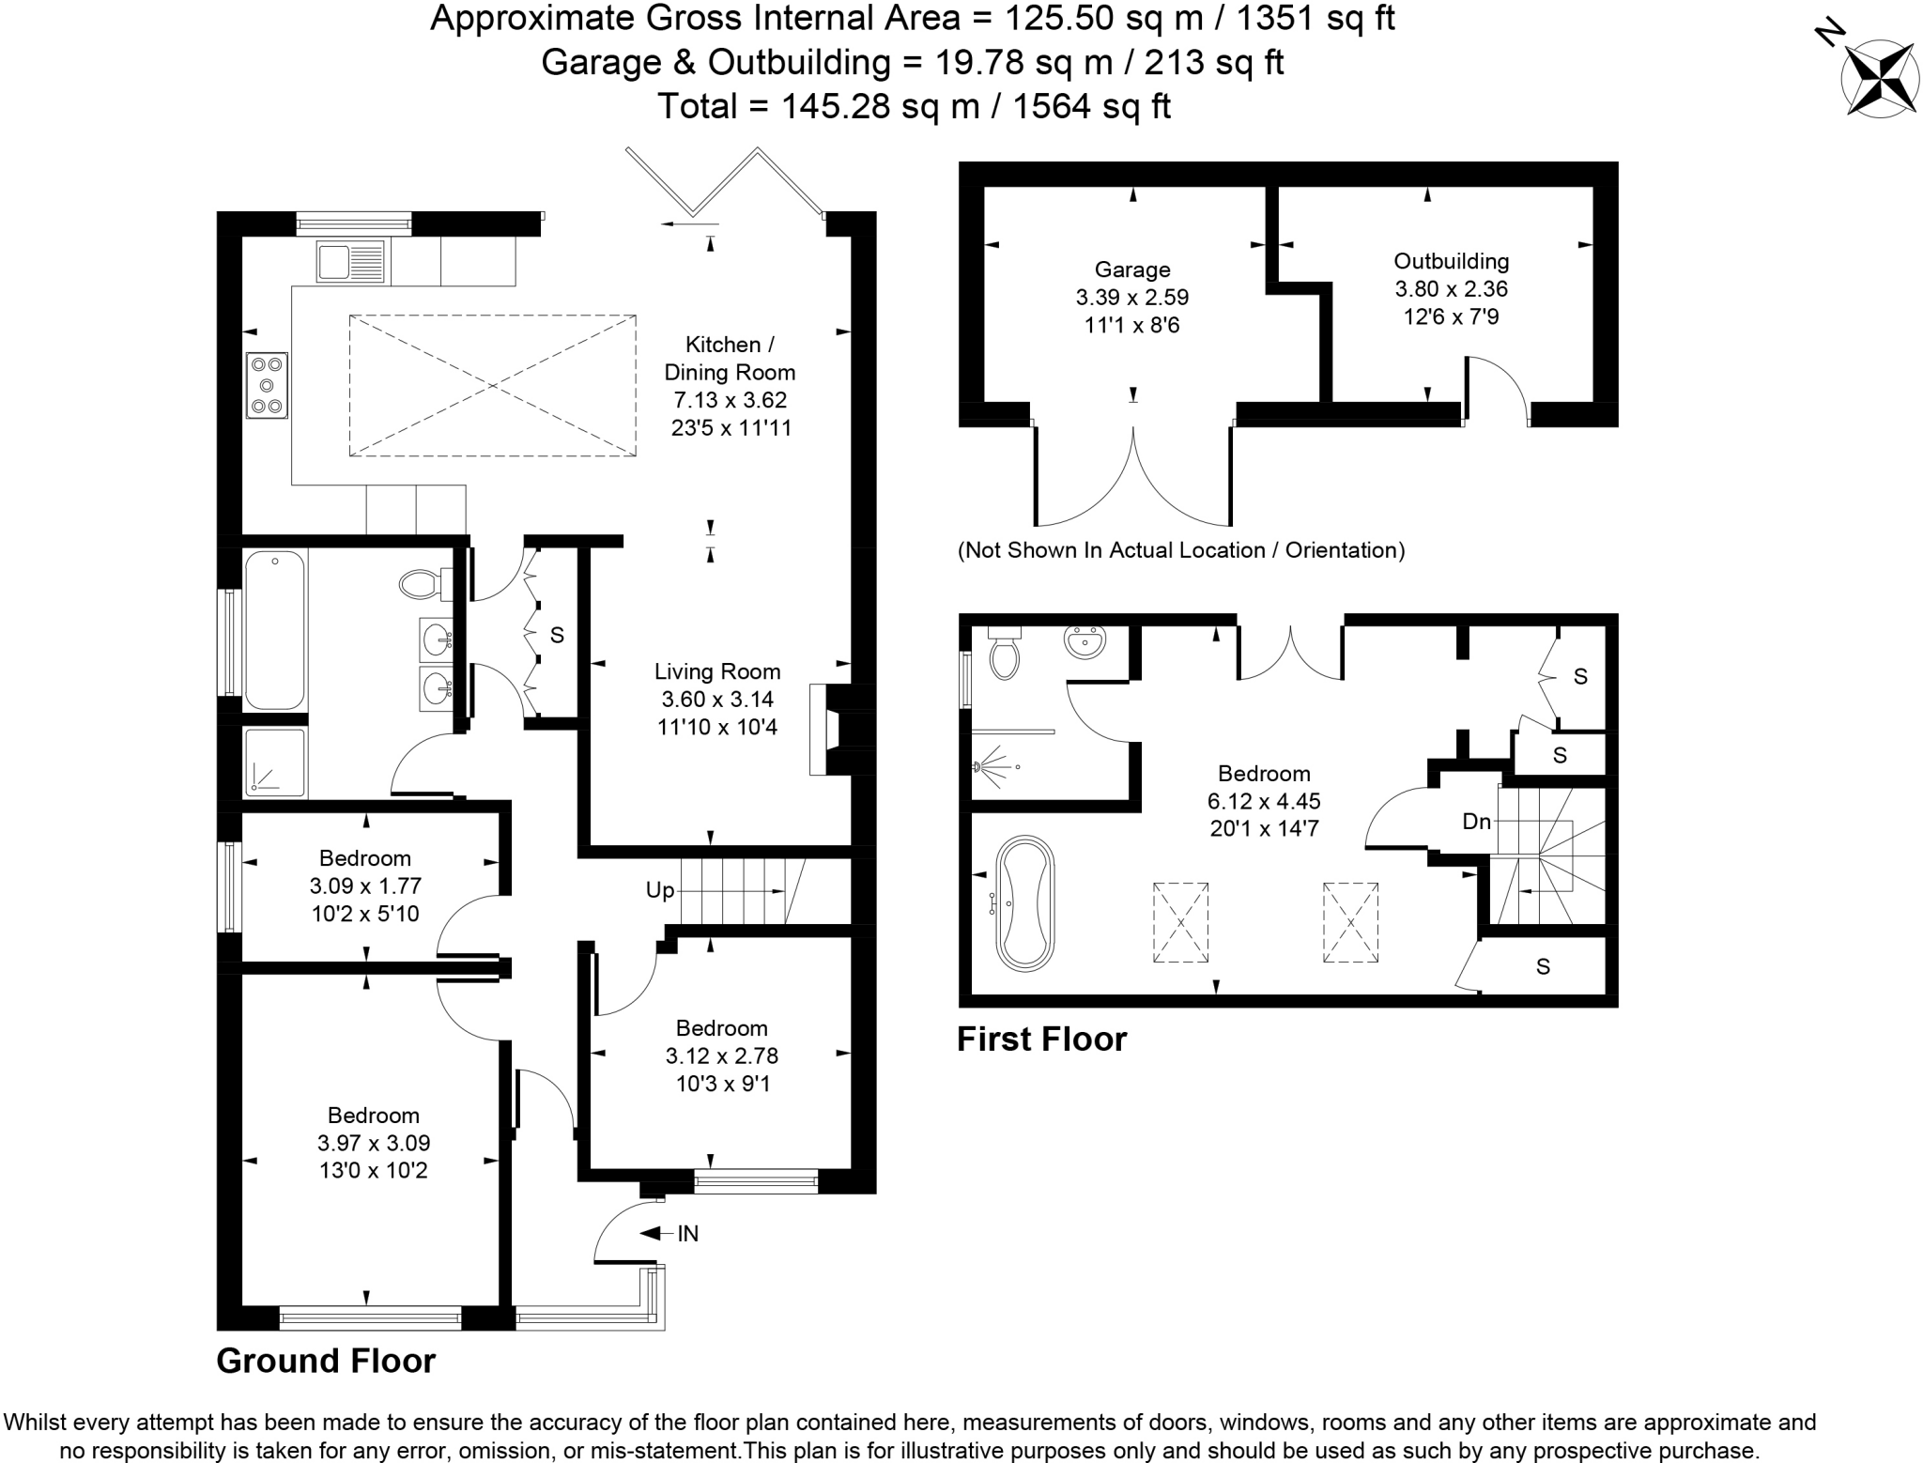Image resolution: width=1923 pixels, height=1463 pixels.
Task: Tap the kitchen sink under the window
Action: point(350,261)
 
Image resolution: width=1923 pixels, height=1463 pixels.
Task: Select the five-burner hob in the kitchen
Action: point(267,385)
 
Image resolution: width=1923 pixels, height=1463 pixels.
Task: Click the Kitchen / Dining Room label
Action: point(730,358)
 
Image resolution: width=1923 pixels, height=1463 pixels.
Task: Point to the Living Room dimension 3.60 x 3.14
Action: point(718,700)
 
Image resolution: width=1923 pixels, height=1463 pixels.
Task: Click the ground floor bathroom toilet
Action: point(424,584)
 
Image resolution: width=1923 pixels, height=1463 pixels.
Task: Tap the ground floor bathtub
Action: point(274,629)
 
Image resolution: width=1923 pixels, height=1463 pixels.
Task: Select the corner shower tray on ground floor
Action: point(274,762)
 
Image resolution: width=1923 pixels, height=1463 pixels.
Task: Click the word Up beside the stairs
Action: point(660,890)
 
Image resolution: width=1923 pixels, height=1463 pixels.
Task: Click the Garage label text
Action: point(1132,269)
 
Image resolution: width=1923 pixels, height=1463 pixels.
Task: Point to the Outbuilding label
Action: point(1451,261)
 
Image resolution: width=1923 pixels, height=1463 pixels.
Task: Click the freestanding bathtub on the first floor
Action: point(1024,903)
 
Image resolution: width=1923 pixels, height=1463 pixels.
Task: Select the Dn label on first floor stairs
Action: point(1477,822)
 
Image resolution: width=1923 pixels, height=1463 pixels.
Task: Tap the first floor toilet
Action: point(1005,654)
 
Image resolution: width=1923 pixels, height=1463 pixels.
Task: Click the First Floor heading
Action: point(1041,1039)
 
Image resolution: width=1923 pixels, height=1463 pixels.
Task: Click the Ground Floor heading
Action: point(326,1361)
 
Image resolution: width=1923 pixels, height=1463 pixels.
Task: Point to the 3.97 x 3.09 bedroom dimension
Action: point(373,1143)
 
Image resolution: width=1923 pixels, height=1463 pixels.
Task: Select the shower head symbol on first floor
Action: point(991,763)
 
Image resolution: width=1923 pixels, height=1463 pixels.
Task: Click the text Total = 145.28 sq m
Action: point(914,106)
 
